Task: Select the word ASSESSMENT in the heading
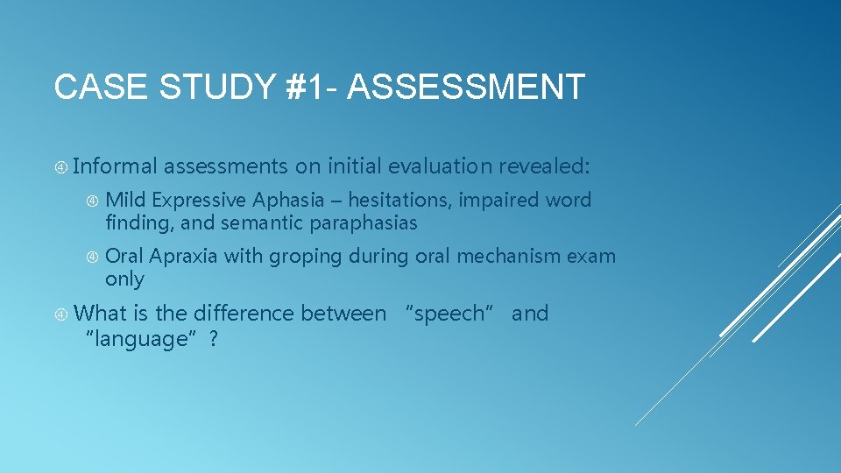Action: click(466, 88)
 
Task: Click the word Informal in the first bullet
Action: click(116, 166)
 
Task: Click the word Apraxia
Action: click(184, 257)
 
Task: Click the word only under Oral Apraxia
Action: click(124, 279)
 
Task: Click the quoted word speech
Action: click(449, 314)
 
